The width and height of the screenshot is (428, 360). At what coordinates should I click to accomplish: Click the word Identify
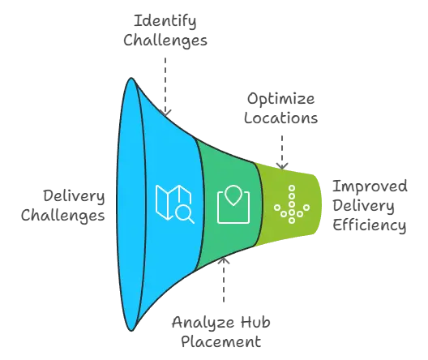click(165, 21)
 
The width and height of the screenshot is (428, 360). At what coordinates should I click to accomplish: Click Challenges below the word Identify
click(165, 41)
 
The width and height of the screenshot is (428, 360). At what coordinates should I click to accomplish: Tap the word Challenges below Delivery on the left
click(62, 216)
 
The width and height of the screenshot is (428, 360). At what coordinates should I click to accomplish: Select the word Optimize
click(280, 99)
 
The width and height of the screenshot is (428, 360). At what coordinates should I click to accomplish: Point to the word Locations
click(280, 118)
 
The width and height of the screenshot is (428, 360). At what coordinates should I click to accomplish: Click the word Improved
click(370, 186)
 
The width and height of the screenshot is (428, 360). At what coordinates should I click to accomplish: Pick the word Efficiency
click(370, 225)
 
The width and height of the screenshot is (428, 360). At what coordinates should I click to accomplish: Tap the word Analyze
click(203, 323)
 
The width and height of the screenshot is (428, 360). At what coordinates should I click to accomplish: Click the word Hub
click(255, 323)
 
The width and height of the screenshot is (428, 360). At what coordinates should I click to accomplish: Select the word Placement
click(221, 341)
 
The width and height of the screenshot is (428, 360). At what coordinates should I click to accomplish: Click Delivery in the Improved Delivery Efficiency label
click(363, 206)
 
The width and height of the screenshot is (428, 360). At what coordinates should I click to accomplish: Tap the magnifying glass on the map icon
click(185, 215)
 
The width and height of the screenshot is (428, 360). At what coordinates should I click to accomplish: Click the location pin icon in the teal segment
click(233, 204)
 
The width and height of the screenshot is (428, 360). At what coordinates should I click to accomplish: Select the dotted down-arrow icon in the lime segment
click(292, 204)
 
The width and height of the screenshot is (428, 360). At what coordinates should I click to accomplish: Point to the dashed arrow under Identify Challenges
click(165, 87)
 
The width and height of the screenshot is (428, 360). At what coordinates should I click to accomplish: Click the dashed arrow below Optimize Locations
click(282, 152)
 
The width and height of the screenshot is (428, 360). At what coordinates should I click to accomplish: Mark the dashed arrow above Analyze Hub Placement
click(224, 280)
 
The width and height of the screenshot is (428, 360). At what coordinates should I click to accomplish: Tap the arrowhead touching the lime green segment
click(282, 166)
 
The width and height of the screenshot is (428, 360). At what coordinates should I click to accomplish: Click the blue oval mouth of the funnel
click(131, 204)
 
